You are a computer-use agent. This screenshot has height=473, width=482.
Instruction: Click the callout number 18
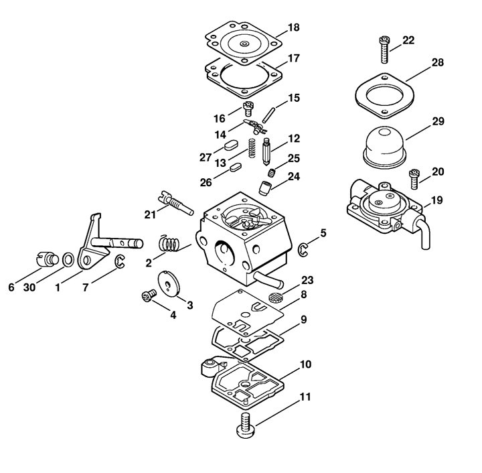pyautogui.click(x=294, y=27)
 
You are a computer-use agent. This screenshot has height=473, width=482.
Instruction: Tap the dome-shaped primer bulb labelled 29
pyautogui.click(x=384, y=147)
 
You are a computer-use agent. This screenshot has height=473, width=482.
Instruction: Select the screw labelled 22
pyautogui.click(x=384, y=50)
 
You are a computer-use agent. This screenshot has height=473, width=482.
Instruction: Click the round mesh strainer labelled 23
pyautogui.click(x=275, y=297)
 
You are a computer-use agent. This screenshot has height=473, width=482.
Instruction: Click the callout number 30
pyautogui.click(x=29, y=287)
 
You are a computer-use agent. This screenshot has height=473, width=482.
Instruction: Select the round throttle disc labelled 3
pyautogui.click(x=169, y=284)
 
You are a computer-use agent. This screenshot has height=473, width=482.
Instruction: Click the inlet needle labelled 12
pyautogui.click(x=267, y=152)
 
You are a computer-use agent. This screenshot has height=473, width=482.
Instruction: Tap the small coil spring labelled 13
pyautogui.click(x=252, y=148)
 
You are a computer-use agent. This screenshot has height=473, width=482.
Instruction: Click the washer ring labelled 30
pyautogui.click(x=68, y=259)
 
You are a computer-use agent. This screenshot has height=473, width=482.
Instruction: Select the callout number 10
pyautogui.click(x=305, y=364)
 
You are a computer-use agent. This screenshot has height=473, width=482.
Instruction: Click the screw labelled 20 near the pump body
pyautogui.click(x=414, y=179)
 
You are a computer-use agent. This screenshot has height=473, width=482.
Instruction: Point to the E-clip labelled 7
pyautogui.click(x=120, y=261)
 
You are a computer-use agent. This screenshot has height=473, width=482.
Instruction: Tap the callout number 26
pyautogui.click(x=206, y=182)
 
